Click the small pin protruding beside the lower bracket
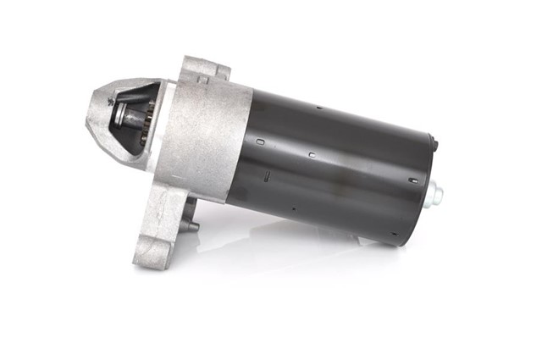[x=193, y=226]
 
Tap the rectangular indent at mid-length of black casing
[x=312, y=155]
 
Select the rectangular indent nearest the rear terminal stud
[x=412, y=180]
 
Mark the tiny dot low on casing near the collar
[x=293, y=208]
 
